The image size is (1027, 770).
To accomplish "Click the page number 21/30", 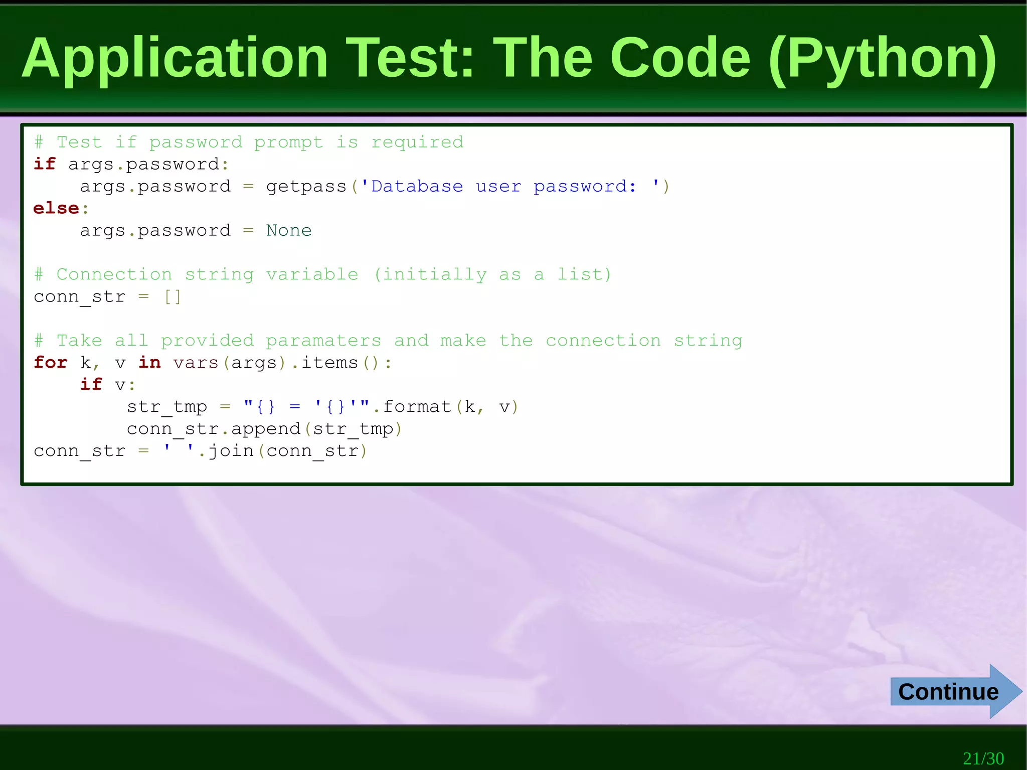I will [983, 758].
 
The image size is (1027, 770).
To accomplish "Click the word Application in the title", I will [175, 59].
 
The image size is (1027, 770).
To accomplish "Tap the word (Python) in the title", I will [882, 59].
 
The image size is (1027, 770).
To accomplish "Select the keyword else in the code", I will [56, 208].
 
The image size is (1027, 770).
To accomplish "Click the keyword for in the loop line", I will [50, 362].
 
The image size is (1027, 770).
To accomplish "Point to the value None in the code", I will [288, 230].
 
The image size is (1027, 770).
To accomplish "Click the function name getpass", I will [306, 187].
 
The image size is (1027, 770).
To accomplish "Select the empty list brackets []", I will [173, 296].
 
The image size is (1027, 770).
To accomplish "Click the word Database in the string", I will [417, 187].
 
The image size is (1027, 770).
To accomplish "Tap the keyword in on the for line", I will [149, 362].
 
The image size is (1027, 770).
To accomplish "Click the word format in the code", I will [417, 406].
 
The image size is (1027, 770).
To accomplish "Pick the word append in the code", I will [265, 429].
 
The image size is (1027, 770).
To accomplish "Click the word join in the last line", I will [231, 451].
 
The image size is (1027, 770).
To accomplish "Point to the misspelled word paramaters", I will [323, 341].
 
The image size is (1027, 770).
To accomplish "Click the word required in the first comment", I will [417, 142].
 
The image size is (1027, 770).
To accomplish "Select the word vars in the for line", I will [196, 362].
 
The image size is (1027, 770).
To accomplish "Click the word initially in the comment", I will [434, 274].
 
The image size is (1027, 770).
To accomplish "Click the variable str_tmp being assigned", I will [166, 407].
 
